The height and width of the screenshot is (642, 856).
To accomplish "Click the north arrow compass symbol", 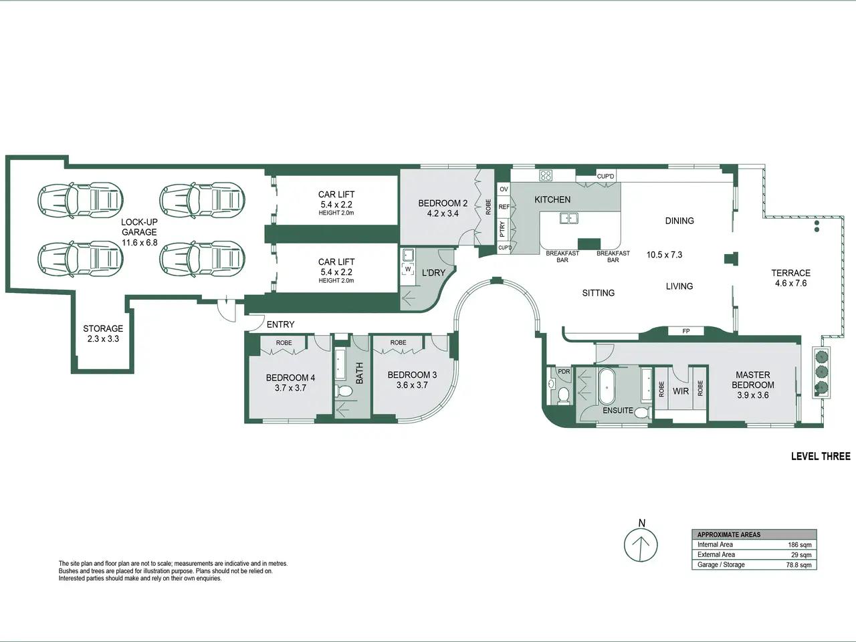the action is pos(641,544).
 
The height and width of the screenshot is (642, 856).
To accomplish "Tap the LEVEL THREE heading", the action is pos(821,457).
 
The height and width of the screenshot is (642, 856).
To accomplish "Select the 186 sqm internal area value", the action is pos(799,545).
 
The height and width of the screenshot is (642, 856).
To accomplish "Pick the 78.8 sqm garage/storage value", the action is pos(798,565).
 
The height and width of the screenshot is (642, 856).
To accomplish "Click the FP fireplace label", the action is pos(686,331).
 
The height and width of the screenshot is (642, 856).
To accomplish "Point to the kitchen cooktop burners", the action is pos(546,175).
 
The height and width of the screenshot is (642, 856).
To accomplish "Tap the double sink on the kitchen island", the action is pos(569,218).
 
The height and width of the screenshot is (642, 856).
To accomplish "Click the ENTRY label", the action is pos(280,324).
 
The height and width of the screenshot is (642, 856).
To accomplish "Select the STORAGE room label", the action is pos(103,328).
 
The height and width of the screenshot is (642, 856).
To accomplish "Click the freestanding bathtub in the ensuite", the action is pos(607,387).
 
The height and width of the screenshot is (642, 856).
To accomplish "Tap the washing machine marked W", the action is pos(408,269).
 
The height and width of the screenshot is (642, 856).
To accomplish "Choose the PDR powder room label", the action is pos(564,371).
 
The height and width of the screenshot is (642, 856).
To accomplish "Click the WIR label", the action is pos(681,391).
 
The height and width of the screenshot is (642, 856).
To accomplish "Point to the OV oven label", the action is pos(504,189).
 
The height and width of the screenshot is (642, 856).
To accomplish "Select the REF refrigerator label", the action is pos(504,207).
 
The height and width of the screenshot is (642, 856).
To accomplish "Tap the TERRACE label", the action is pos(791,273).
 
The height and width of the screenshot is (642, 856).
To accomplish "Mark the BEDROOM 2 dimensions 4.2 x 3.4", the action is pos(443,213).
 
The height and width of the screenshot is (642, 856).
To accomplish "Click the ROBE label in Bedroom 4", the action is pos(284,343).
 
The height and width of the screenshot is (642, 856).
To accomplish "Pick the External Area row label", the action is pos(716,554).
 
